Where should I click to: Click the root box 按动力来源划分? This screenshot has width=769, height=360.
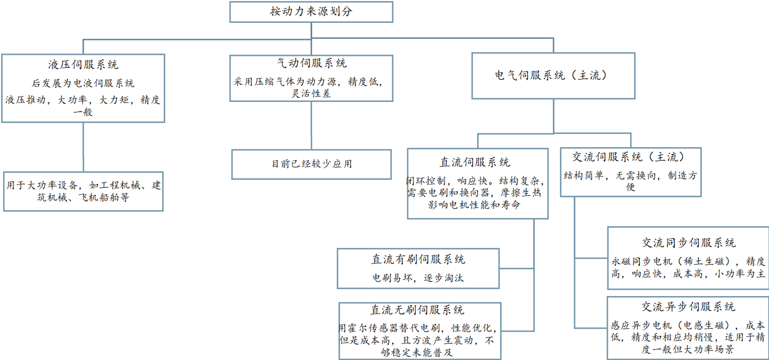point(311,12)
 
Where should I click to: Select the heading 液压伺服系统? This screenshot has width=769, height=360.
point(83,65)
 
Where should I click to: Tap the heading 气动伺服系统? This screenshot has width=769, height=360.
point(312,63)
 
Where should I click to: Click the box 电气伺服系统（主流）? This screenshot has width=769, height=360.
point(553,75)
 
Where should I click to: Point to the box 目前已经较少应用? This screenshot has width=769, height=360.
point(312,164)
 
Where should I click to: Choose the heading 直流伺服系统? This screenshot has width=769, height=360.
point(478,162)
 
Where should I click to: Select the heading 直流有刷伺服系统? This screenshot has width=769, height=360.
point(418,259)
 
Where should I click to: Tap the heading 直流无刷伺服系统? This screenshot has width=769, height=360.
point(418,310)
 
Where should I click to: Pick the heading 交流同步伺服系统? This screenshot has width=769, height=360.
point(688,243)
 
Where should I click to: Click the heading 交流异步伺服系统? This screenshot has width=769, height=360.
point(688,307)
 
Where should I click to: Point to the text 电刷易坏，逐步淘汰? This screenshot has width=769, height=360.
point(418,277)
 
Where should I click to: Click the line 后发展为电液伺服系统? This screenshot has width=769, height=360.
point(83,83)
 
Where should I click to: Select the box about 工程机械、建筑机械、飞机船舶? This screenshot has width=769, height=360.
point(83,191)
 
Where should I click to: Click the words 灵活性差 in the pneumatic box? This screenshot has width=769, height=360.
point(312,93)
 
